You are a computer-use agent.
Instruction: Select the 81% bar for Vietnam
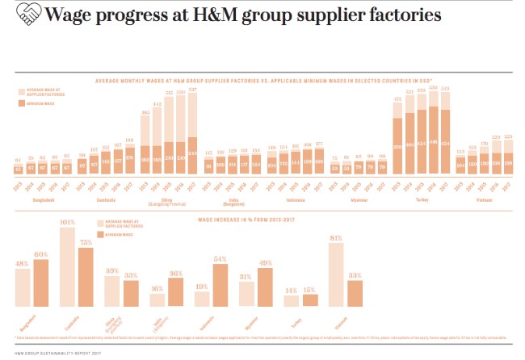(337, 275)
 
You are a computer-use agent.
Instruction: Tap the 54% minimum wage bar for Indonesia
(219, 287)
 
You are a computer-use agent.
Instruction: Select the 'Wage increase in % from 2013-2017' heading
(262, 220)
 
